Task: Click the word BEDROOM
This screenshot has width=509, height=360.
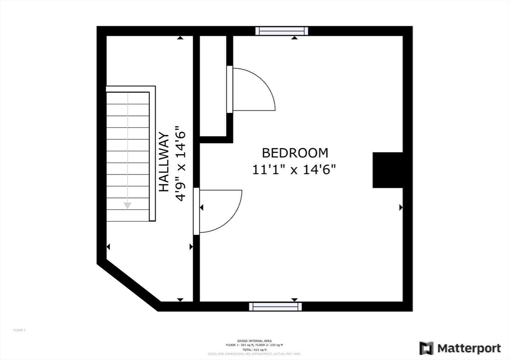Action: [295, 153]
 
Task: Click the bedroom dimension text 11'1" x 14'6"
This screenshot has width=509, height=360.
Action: [295, 170]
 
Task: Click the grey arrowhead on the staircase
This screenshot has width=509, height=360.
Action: [128, 205]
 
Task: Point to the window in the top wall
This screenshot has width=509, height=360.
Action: [281, 31]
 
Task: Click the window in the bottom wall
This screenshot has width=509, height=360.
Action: [275, 307]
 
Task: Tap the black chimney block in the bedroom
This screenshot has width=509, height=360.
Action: [388, 170]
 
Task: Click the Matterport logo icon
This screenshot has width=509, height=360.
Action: [426, 348]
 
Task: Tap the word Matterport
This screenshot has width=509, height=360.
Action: [469, 348]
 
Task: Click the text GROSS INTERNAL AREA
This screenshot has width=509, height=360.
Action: [254, 341]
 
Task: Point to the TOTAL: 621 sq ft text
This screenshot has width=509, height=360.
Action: [254, 350]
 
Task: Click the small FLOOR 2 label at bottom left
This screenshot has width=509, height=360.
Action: [19, 330]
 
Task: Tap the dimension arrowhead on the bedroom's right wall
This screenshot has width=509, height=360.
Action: [401, 207]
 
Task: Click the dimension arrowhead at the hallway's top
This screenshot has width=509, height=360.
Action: [179, 38]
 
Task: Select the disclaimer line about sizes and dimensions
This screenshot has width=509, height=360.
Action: [254, 354]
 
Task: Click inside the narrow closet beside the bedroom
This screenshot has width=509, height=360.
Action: [213, 85]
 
